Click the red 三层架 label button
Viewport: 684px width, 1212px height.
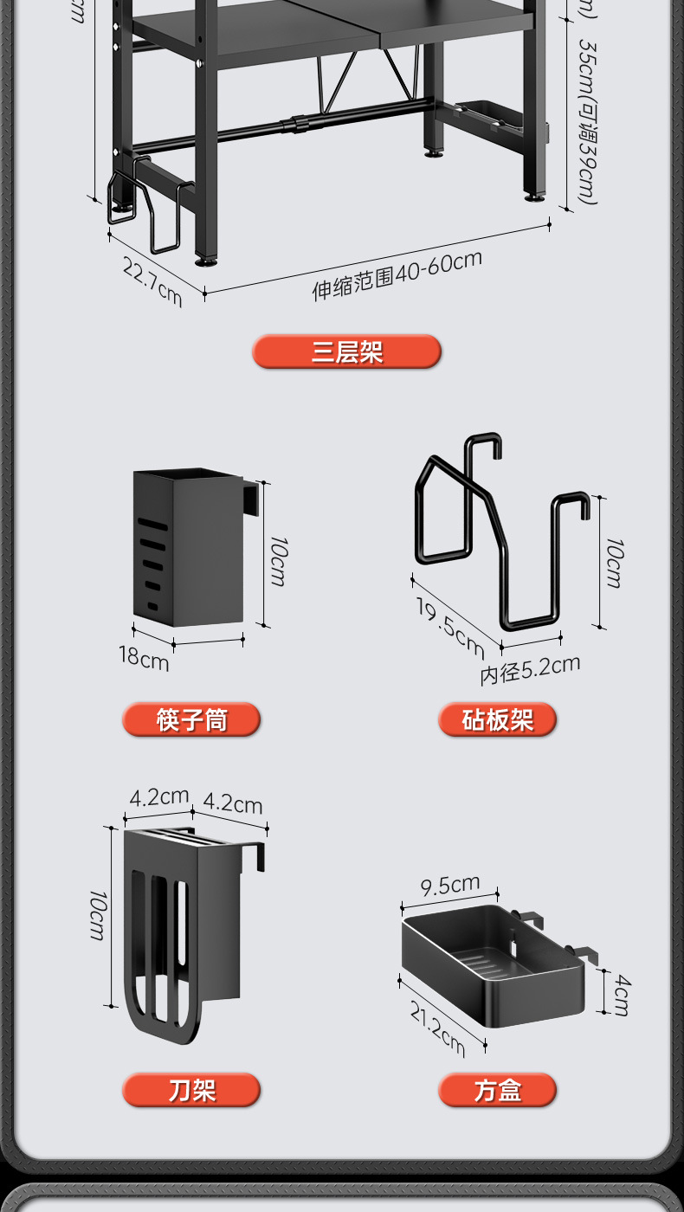[346, 352]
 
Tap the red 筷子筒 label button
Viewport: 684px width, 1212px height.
[191, 719]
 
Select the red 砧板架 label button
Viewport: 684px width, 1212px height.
[497, 719]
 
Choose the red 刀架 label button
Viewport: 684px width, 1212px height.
[191, 1090]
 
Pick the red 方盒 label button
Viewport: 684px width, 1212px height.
[497, 1090]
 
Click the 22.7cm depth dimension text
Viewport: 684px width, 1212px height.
[152, 280]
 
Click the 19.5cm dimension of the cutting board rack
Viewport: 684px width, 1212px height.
[449, 626]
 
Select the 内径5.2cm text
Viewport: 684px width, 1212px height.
[530, 669]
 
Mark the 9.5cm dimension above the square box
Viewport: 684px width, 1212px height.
[449, 886]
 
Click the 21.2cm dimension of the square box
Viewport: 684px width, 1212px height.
[437, 1028]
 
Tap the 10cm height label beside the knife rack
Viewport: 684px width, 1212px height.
[98, 915]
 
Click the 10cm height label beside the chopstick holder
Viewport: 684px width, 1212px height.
[278, 561]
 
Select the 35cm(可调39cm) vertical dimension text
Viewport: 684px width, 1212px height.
[587, 121]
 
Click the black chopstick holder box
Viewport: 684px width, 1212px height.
[187, 548]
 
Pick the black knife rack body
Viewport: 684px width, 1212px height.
[182, 926]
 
